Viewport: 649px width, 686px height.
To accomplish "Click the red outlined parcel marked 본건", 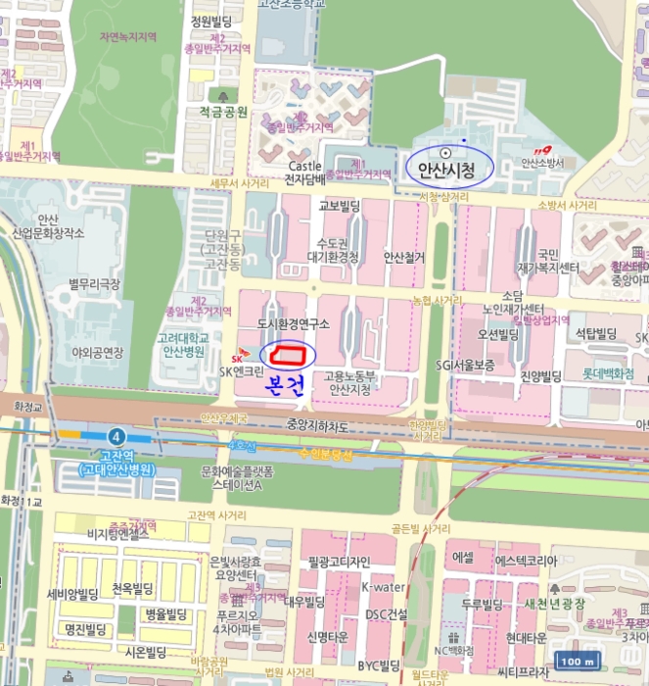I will [290, 353].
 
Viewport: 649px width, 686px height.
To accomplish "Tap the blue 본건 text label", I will [287, 384].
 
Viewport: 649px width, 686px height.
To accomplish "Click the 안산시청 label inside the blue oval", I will [446, 171].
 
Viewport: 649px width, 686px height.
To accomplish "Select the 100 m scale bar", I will [577, 661].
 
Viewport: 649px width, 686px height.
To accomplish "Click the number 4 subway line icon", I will [118, 434].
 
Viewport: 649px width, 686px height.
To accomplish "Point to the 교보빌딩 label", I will [340, 206].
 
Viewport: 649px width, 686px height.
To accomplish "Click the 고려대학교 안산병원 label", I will [183, 343].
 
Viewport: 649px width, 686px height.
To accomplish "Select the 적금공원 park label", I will [223, 112].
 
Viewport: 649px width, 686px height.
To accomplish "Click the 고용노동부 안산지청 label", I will [349, 382].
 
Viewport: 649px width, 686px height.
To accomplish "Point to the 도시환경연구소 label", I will [293, 323].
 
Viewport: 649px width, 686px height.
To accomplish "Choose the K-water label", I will [382, 587].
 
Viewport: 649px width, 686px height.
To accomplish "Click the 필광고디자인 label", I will [339, 562].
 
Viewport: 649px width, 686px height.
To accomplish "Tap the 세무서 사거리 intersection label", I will [239, 183].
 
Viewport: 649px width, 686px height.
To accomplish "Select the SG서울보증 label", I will [466, 365].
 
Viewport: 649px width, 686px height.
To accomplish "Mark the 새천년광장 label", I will [561, 602].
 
